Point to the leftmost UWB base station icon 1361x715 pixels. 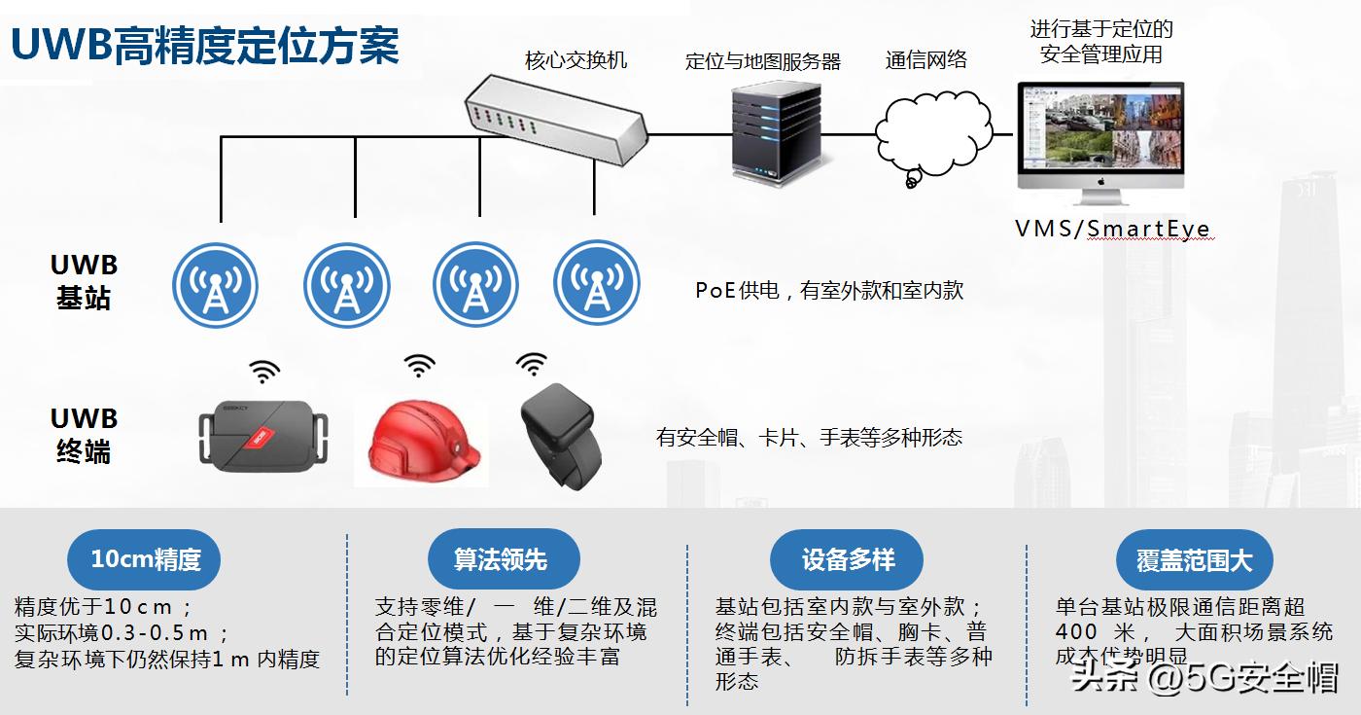(215, 285)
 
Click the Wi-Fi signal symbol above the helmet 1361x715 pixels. (419, 365)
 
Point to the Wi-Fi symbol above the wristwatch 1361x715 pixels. (531, 364)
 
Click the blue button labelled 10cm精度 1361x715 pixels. (145, 559)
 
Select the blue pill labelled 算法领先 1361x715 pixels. (503, 559)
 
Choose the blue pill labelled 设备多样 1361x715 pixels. (848, 559)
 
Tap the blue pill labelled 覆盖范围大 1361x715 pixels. (1194, 560)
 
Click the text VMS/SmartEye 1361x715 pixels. (1112, 230)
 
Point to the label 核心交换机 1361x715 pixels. (576, 60)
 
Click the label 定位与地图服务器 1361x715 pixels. (763, 61)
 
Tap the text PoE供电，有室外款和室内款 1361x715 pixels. (828, 290)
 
